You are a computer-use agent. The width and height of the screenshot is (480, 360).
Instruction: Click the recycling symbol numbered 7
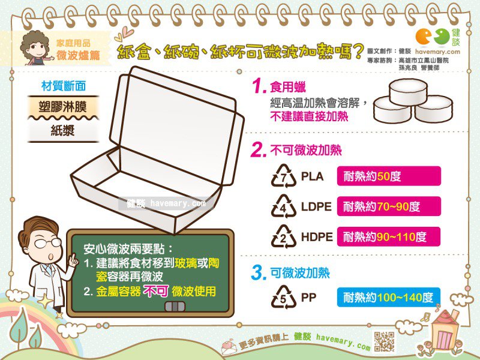(283, 176)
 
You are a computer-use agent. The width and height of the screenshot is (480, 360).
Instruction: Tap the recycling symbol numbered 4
(283, 206)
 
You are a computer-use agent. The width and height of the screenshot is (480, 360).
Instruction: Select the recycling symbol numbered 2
(283, 236)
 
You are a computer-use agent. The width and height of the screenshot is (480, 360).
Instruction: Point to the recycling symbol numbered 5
(283, 297)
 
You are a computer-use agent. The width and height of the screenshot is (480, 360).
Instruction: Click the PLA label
(312, 176)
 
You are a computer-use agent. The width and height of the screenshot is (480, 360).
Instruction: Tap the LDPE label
(316, 206)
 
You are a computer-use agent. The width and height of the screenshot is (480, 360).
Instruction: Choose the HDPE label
(317, 237)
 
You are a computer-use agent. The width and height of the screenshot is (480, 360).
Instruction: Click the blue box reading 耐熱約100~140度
(389, 297)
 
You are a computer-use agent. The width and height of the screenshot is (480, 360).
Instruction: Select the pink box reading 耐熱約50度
(389, 176)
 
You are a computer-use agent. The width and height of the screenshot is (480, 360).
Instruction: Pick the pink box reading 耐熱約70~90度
(389, 206)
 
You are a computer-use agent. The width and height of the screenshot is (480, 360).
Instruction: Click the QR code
(384, 341)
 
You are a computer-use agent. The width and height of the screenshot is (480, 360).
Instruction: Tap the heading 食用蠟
(288, 87)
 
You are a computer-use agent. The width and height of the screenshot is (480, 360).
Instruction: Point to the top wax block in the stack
(408, 91)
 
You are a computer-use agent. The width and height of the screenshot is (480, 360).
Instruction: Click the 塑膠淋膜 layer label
(63, 107)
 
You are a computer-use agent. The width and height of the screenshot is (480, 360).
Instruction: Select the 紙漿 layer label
(63, 131)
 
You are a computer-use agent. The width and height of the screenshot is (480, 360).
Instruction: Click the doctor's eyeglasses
(48, 243)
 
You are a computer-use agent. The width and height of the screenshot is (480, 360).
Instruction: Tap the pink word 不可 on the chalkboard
(156, 291)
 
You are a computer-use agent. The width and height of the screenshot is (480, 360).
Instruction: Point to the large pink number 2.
(258, 150)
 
